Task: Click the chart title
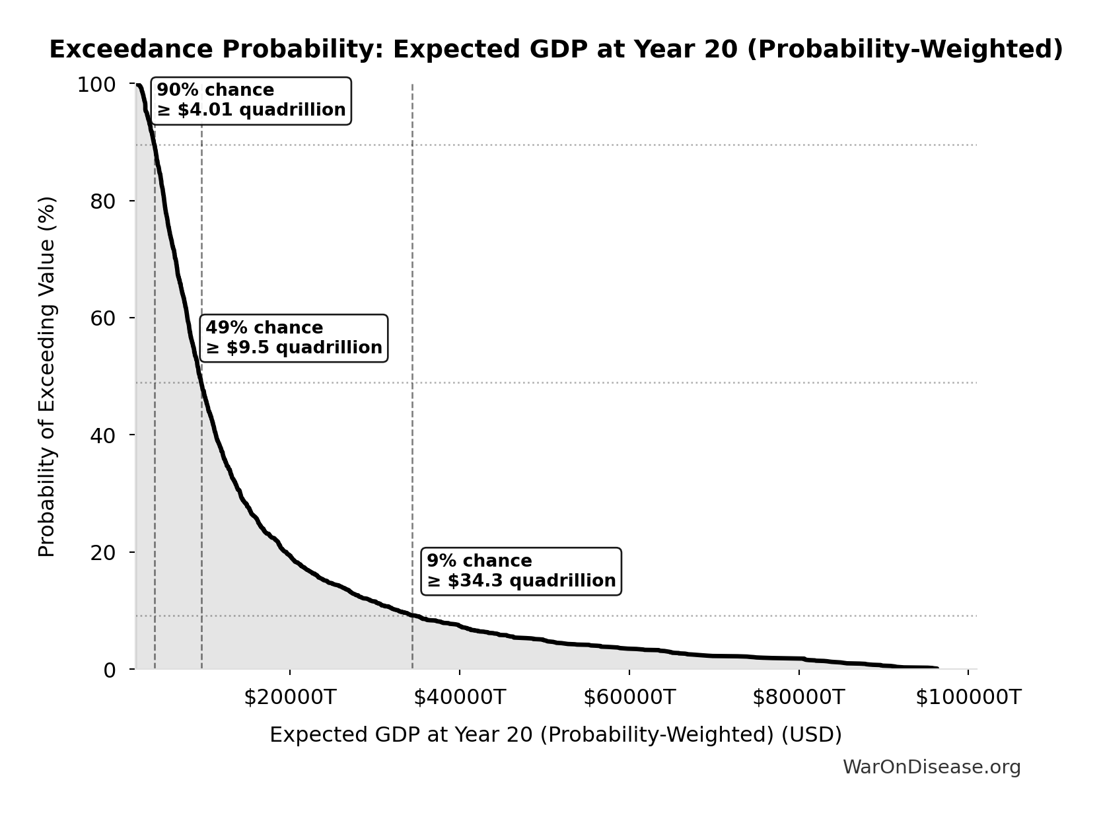[x=556, y=50]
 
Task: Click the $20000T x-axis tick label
[x=290, y=697]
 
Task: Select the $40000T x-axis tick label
[x=460, y=697]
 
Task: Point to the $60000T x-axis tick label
[x=629, y=697]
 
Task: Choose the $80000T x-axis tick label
[x=799, y=697]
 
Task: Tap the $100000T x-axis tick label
[x=968, y=697]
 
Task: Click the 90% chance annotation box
[x=251, y=100]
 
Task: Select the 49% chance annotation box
[x=294, y=338]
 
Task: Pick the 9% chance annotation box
[x=521, y=571]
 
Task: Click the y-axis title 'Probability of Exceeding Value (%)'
[x=47, y=376]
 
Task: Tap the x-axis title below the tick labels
[x=555, y=735]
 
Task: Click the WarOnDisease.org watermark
[x=931, y=767]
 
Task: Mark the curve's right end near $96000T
[x=936, y=668]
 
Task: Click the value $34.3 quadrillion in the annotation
[x=531, y=581]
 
